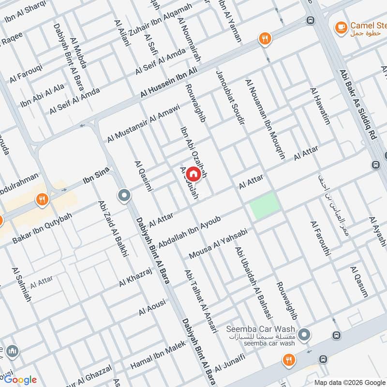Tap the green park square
(x=265, y=205)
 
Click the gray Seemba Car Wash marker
(x=304, y=334)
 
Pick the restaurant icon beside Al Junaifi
(x=289, y=359)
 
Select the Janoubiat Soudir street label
(x=230, y=97)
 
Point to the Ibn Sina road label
(x=96, y=177)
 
